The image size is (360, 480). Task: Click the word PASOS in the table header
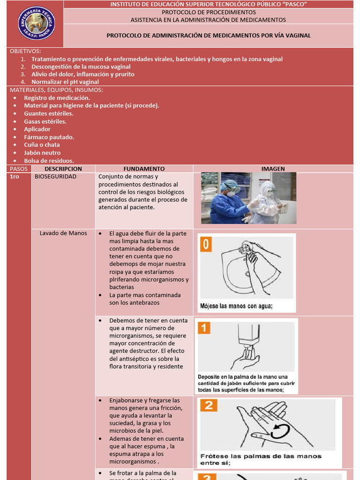(19, 169)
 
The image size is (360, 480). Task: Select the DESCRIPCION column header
(63, 169)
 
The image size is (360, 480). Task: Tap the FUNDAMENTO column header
(144, 169)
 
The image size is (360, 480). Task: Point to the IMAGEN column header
(273, 169)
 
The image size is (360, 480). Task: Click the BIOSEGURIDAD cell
(56, 177)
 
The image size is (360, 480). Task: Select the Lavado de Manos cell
(63, 233)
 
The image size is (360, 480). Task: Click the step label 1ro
(14, 177)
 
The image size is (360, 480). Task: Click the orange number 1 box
(204, 327)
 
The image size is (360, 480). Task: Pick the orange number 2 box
(209, 405)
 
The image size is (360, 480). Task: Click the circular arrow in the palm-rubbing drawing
(280, 431)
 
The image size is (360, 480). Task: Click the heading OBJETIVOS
(25, 51)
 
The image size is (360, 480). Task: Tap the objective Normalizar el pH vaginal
(65, 82)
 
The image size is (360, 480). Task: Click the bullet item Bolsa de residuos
(49, 161)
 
